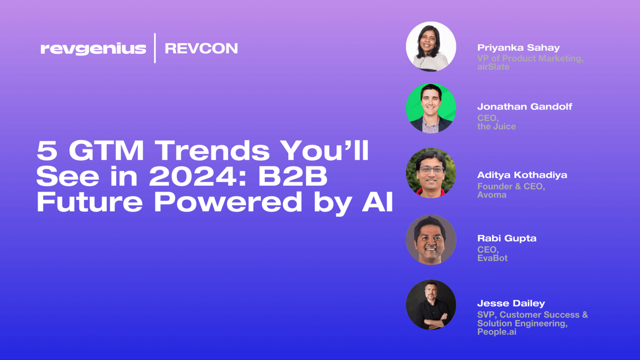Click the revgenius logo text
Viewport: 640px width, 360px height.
click(x=93, y=49)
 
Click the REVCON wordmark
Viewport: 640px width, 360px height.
click(x=201, y=49)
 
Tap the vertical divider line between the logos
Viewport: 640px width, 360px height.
click(x=155, y=48)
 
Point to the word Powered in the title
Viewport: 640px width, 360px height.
click(x=227, y=202)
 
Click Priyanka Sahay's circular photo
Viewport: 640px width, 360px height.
click(x=431, y=46)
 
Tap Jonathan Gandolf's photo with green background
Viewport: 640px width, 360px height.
click(x=431, y=108)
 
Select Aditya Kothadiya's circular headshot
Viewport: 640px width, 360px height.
click(x=431, y=173)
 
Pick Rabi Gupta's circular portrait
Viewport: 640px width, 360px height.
click(x=431, y=239)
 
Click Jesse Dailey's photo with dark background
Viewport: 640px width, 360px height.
click(x=431, y=305)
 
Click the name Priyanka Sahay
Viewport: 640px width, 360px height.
click(x=518, y=48)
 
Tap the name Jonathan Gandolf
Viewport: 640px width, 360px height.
click(x=525, y=107)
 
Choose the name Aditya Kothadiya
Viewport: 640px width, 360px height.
click(x=522, y=175)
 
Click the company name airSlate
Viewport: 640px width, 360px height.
click(x=493, y=67)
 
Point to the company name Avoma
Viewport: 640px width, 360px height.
click(x=492, y=195)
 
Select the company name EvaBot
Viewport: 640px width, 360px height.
click(x=492, y=258)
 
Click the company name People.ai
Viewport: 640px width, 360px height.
click(x=497, y=332)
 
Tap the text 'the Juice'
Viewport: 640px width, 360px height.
click(x=496, y=127)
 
